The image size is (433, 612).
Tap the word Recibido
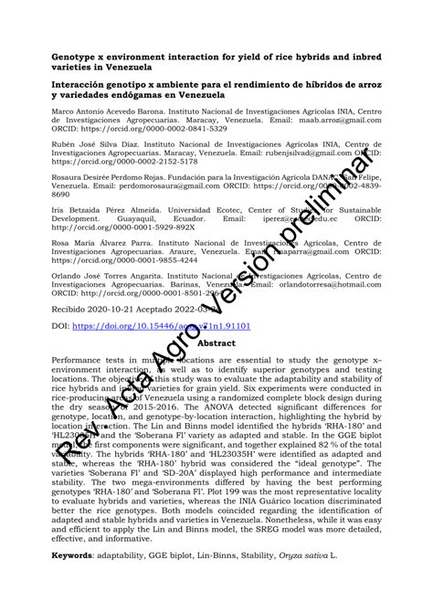pos(74,310)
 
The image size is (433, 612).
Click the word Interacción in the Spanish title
pos(84,84)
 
